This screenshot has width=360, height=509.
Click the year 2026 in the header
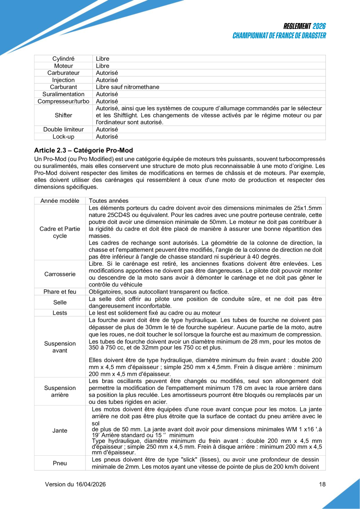[319, 27]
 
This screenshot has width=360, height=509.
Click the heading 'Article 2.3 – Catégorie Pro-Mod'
[83, 150]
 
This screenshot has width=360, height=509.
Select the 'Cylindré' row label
[63, 59]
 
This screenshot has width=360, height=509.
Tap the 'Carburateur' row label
[63, 73]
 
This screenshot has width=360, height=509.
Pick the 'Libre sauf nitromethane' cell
[127, 87]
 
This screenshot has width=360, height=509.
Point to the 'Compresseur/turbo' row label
[63, 101]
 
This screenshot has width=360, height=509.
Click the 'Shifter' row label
[63, 115]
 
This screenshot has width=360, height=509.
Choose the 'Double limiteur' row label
[63, 129]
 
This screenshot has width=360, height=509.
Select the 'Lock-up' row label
[63, 137]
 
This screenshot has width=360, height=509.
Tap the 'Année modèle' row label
[60, 201]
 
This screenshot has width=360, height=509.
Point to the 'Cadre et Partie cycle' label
[60, 233]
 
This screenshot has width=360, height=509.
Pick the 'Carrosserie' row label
[60, 274]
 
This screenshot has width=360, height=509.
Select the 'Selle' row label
[60, 302]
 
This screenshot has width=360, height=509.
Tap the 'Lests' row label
[60, 312]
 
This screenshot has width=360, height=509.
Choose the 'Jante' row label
[60, 431]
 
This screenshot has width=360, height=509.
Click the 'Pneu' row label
[60, 463]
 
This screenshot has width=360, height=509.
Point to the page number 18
[322, 484]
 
